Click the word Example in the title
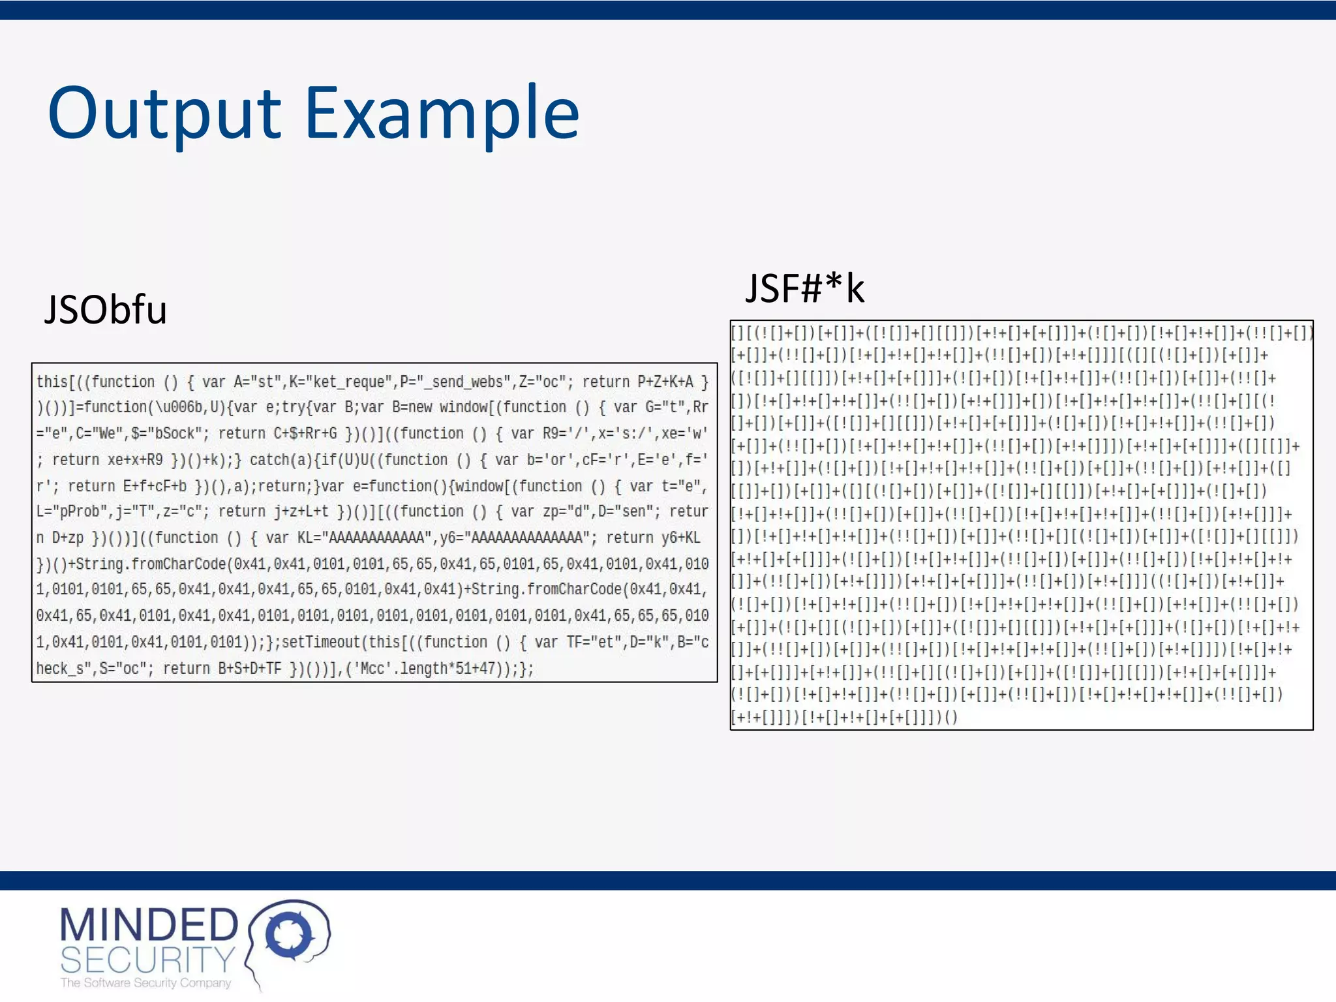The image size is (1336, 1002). click(442, 114)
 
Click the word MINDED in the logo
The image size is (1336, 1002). click(149, 924)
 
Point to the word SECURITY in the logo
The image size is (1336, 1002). click(147, 960)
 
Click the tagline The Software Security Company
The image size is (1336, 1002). click(145, 982)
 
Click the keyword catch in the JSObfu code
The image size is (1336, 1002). click(269, 460)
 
